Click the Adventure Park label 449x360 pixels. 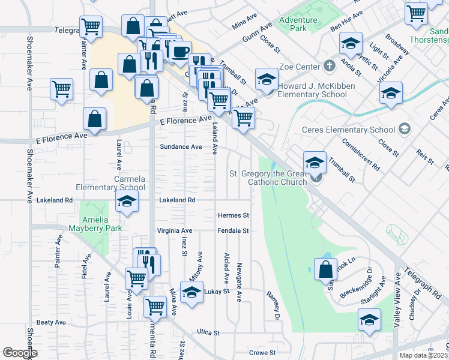pyautogui.click(x=298, y=24)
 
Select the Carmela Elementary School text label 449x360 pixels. pyautogui.click(x=130, y=183)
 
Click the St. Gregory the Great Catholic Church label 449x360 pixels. pyautogui.click(x=269, y=178)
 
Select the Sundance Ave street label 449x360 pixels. pyautogui.click(x=180, y=146)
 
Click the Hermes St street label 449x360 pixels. pyautogui.click(x=233, y=215)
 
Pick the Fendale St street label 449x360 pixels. pyautogui.click(x=233, y=230)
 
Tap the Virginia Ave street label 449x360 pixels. pyautogui.click(x=174, y=230)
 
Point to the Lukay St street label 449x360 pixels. pyautogui.click(x=217, y=292)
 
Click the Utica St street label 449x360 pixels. pyautogui.click(x=209, y=332)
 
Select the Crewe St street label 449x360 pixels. pyautogui.click(x=262, y=353)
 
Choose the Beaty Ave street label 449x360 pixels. pyautogui.click(x=51, y=322)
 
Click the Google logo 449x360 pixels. pyautogui.click(x=20, y=353)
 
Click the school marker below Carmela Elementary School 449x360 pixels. pyautogui.click(x=127, y=203)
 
